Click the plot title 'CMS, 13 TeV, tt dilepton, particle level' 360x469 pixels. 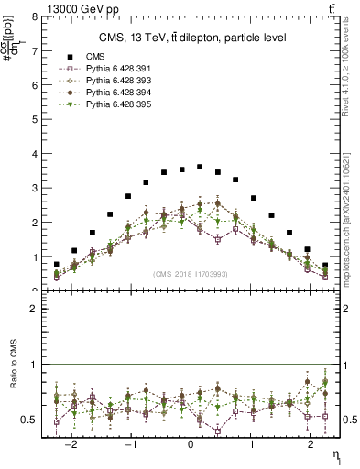click(192, 38)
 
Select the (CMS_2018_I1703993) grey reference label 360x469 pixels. click(191, 273)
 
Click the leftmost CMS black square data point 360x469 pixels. click(57, 264)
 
